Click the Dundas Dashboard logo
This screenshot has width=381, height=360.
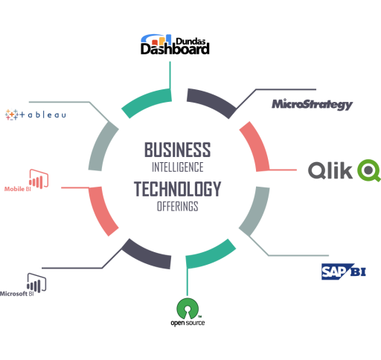click(175, 45)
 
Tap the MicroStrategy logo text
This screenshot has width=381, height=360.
click(312, 104)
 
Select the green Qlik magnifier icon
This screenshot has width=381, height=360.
click(369, 170)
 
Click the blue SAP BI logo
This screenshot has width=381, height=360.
click(344, 271)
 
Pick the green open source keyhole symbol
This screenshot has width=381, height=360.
click(188, 309)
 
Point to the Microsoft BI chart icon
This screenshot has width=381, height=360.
click(36, 283)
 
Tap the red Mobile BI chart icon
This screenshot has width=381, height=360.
click(39, 179)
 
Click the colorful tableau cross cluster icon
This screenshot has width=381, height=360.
click(12, 115)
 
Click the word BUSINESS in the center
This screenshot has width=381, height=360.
click(178, 150)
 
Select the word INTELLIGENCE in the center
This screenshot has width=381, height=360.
click(178, 167)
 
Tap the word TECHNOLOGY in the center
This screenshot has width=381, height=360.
click(178, 189)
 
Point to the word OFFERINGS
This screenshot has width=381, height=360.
click(178, 206)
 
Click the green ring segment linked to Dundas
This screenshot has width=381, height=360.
click(145, 100)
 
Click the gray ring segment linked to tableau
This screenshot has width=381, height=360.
click(101, 145)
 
